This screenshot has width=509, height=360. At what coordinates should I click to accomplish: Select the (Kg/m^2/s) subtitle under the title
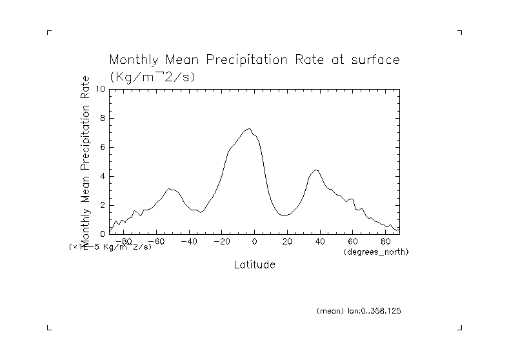click(152, 76)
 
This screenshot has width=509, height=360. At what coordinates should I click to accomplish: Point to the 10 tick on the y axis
click(101, 89)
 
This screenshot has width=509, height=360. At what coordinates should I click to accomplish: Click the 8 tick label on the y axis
click(103, 118)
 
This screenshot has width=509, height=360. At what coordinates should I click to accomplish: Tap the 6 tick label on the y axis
click(103, 147)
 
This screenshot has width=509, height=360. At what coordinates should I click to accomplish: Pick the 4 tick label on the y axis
click(103, 176)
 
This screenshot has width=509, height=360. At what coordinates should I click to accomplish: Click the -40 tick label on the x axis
click(188, 241)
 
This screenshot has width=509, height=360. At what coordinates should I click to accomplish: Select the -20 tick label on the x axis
click(221, 241)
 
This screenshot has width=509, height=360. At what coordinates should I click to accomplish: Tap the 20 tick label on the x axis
click(288, 241)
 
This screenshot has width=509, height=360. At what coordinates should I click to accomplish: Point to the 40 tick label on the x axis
click(321, 241)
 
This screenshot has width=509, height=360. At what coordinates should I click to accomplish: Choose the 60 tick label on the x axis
click(354, 241)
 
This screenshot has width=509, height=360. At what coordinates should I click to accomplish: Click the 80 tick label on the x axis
click(386, 241)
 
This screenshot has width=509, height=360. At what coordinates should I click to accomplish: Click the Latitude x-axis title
click(254, 265)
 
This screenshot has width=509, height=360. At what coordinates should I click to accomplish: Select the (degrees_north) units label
click(376, 251)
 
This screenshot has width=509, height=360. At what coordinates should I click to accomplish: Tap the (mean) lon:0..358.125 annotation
click(359, 311)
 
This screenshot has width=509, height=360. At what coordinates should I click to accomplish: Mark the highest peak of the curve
click(249, 128)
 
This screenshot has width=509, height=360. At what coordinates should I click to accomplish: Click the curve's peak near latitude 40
click(316, 170)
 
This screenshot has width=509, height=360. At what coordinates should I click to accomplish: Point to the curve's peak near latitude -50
click(169, 189)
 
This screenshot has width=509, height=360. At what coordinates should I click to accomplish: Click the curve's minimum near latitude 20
click(284, 215)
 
